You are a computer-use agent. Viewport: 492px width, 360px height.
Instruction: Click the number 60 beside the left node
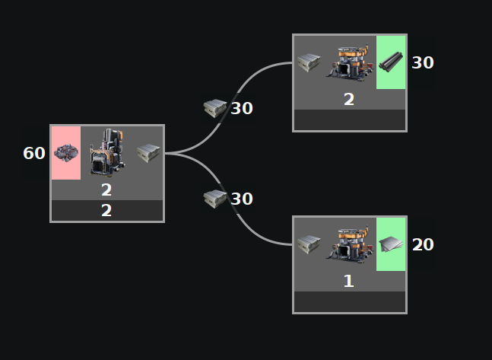(x=34, y=153)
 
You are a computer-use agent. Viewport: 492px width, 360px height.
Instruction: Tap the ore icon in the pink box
(x=66, y=153)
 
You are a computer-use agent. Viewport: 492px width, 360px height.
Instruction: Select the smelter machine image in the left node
(x=106, y=152)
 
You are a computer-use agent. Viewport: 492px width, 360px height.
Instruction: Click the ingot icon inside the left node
(x=148, y=153)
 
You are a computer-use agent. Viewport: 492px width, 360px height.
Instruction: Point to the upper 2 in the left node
(x=106, y=190)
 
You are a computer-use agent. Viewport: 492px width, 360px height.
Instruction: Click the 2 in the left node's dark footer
(x=106, y=211)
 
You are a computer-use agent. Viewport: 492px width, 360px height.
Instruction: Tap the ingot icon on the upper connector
(x=215, y=108)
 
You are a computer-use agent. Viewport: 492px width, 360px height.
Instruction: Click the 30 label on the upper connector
(x=242, y=109)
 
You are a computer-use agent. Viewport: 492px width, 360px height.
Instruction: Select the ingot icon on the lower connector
(x=215, y=199)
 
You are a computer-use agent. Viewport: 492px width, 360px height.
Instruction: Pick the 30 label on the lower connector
(x=242, y=199)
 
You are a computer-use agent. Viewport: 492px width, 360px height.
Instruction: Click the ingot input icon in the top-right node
(x=309, y=62)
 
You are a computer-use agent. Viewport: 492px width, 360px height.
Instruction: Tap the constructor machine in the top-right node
(x=349, y=62)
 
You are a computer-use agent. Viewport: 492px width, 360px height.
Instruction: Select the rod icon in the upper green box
(x=391, y=62)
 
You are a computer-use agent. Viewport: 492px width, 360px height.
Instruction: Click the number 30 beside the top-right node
(x=423, y=62)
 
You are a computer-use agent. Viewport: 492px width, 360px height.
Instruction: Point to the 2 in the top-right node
(x=349, y=99)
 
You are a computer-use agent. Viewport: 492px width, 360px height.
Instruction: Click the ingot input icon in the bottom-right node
(x=309, y=244)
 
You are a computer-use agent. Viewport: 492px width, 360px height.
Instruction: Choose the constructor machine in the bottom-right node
(x=349, y=244)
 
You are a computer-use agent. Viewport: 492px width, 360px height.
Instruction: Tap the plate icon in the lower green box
(x=391, y=244)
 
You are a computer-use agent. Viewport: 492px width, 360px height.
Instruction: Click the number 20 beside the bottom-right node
(x=423, y=244)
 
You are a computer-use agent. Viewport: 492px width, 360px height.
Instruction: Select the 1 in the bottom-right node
(x=349, y=281)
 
